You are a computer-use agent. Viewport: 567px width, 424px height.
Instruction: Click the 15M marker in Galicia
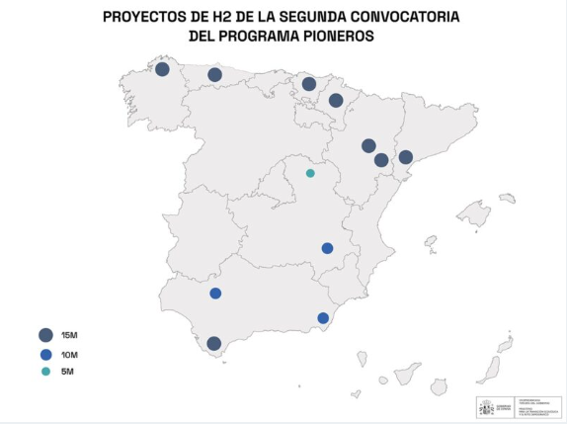162,69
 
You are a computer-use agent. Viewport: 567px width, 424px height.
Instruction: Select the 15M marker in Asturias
214,75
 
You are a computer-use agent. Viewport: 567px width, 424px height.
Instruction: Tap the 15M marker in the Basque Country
309,84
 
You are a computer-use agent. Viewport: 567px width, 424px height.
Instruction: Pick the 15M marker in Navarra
336,100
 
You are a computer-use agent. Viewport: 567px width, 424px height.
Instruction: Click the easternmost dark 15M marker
405,157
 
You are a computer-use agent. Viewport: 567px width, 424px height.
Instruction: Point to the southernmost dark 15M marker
214,344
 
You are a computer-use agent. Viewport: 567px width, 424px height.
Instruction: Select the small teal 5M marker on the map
310,173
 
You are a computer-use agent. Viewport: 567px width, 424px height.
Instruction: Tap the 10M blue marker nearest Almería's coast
323,317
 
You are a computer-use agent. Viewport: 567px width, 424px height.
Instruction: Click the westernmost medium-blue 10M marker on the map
215,294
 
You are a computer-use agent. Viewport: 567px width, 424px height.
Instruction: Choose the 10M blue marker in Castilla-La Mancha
328,248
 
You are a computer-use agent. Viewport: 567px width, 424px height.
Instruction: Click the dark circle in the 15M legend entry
44,334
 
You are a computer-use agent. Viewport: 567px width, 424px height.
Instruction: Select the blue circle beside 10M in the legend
44,354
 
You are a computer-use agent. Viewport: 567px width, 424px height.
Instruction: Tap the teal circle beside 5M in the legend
44,372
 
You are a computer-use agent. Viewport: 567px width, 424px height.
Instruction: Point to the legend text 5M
67,372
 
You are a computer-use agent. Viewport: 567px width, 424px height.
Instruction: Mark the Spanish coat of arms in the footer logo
486,407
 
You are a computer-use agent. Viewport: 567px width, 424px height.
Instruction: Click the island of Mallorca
473,214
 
